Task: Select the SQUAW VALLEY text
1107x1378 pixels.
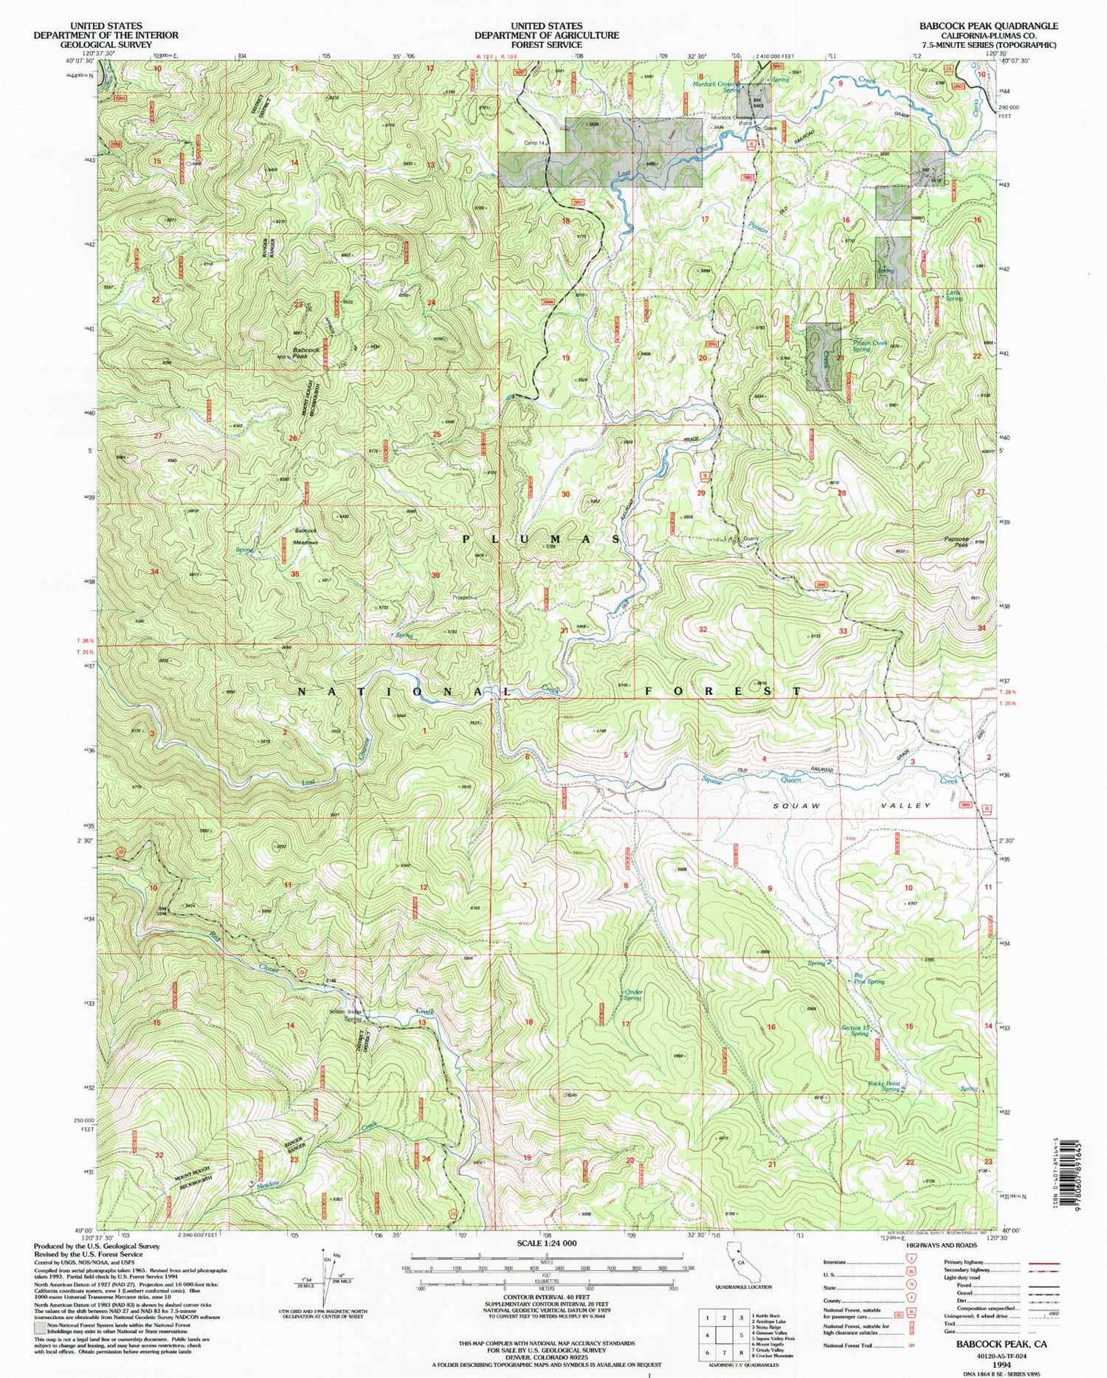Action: pos(852,806)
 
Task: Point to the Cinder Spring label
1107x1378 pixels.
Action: pos(632,994)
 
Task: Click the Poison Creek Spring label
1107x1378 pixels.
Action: pos(871,345)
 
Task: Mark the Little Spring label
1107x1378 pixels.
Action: pos(954,295)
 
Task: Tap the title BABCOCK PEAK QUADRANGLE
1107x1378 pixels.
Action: pos(987,26)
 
